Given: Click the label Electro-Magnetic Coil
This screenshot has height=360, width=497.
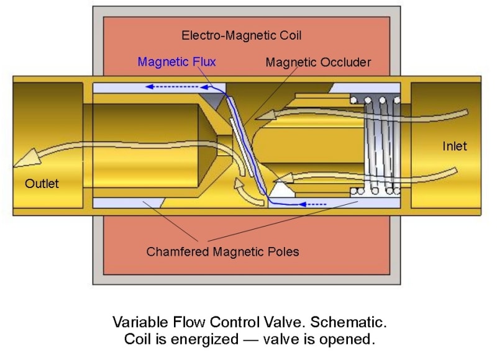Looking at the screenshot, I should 242,35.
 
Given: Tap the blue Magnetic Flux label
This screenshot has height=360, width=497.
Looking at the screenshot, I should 176,62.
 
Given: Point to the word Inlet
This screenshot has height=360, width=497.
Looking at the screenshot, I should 454,146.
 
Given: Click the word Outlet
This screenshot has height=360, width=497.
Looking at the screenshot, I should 42,184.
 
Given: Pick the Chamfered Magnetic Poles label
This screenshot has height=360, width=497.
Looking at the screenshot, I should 222,252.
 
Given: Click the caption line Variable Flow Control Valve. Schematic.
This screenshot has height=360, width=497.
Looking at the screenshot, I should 250,323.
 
